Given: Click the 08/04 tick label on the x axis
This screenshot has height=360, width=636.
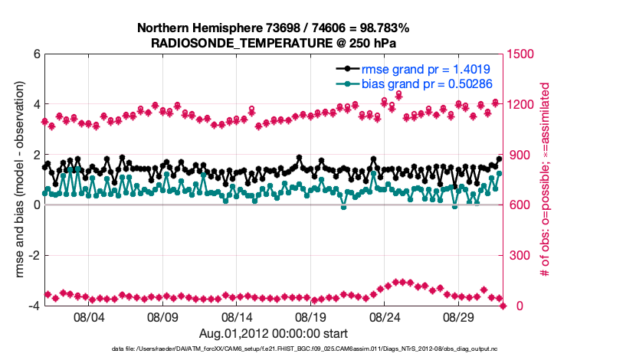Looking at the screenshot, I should (88, 316).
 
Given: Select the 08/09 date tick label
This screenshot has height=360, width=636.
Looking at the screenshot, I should (162, 316).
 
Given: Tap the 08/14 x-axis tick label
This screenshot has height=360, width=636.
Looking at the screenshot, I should (237, 316).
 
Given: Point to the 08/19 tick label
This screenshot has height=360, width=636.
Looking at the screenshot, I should (311, 316).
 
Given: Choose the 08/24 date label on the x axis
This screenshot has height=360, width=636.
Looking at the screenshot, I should (385, 316).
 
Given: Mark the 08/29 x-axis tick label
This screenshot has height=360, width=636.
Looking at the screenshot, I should (460, 316).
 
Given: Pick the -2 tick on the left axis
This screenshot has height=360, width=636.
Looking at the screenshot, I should (34, 256).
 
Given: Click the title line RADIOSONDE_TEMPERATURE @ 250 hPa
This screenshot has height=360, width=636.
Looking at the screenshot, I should (274, 44).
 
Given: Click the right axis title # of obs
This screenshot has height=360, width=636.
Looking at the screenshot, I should (546, 181).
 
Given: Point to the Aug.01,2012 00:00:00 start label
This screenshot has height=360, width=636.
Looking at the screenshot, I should (274, 333).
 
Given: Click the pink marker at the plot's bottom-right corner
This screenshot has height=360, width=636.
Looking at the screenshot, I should (503, 306).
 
